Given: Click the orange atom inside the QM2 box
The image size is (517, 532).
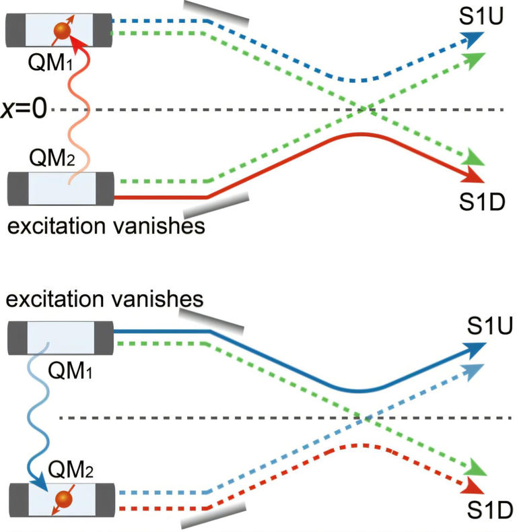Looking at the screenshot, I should [62, 500].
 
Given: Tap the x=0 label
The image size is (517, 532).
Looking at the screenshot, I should [24, 110].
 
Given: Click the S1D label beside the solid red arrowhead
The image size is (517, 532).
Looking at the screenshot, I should [482, 200].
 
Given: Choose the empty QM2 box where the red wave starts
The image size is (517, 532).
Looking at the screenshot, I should [61, 189].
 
